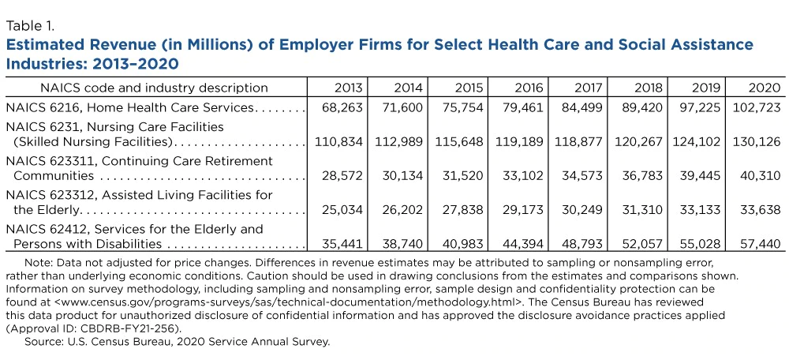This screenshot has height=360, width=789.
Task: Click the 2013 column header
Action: click(348, 88)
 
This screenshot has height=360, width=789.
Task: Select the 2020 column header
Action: click(766, 88)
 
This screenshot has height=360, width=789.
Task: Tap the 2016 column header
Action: click(529, 88)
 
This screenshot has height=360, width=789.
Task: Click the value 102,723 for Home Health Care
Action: click(756, 107)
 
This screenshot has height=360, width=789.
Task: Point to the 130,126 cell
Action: click(757, 142)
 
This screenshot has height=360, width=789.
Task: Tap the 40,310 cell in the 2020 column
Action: click(760, 176)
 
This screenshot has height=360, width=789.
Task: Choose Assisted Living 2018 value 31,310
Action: click(641, 210)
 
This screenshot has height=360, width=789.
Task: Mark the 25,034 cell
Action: click(342, 210)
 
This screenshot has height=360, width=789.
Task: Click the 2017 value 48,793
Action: click(581, 244)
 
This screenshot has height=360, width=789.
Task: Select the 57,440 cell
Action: click(760, 244)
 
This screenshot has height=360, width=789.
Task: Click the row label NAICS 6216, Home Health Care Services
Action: click(130, 107)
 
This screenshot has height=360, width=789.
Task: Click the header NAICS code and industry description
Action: click(154, 88)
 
